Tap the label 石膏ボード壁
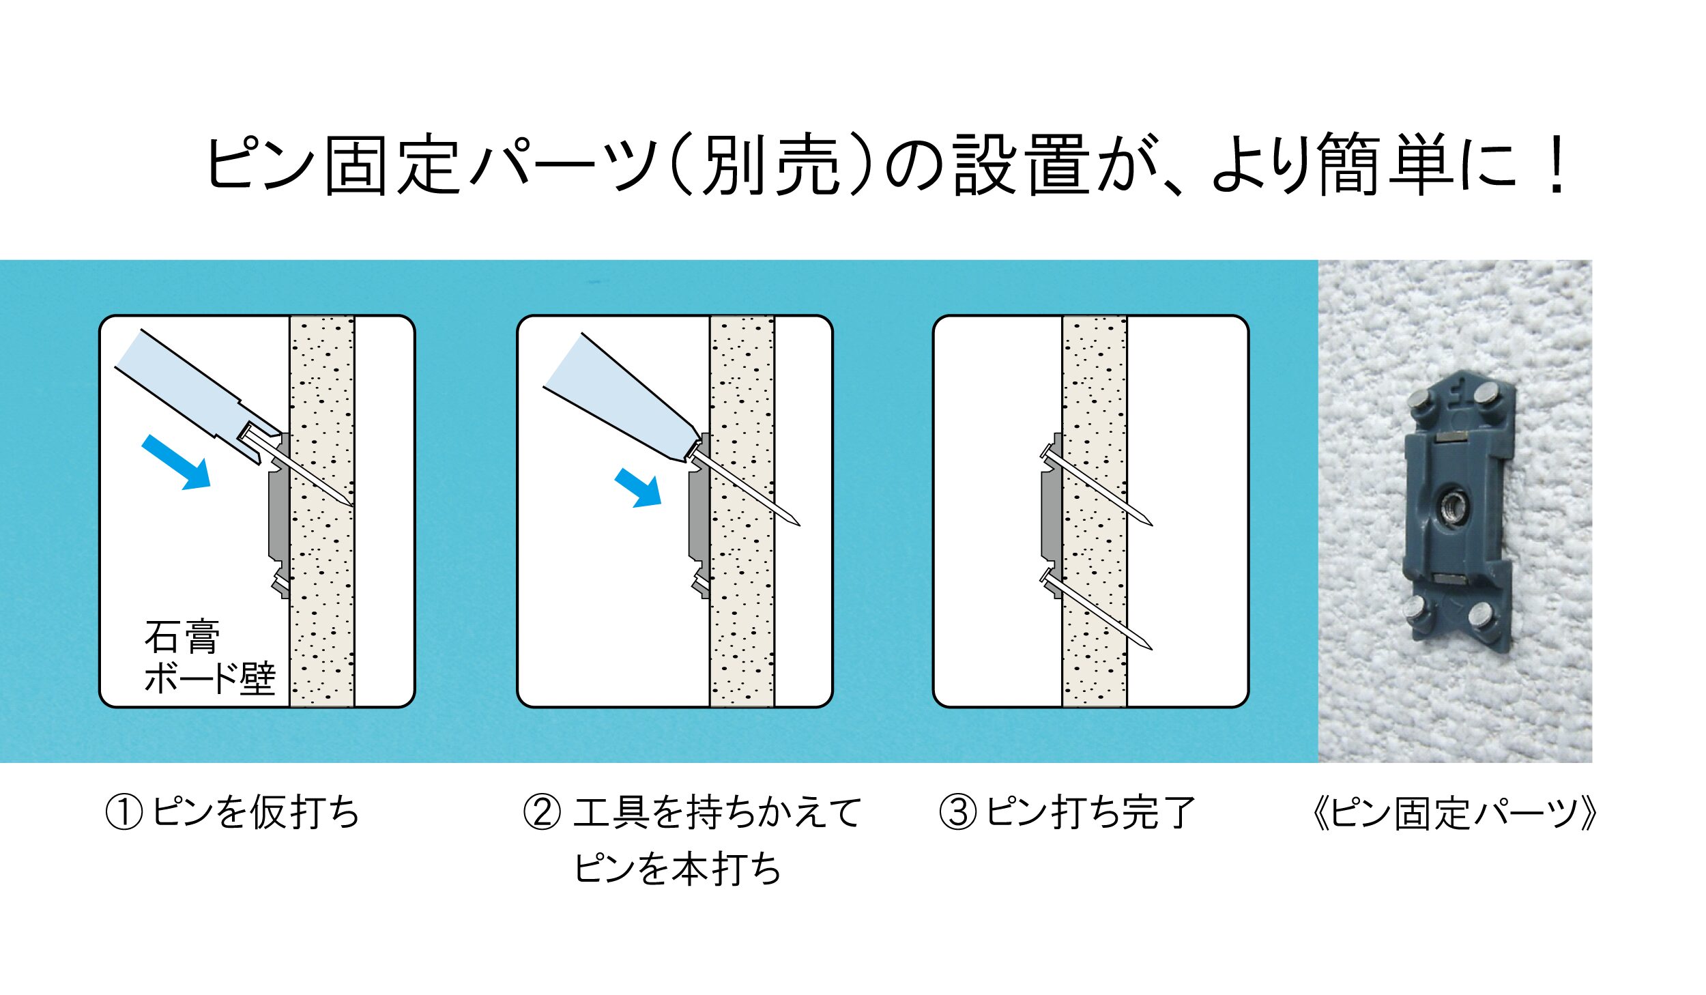(x=209, y=657)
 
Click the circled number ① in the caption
(x=124, y=813)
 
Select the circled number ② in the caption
(x=542, y=813)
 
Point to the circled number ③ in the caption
(x=958, y=813)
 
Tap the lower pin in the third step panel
(x=1096, y=609)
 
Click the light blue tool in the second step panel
(x=622, y=403)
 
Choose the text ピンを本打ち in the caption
(x=678, y=869)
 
